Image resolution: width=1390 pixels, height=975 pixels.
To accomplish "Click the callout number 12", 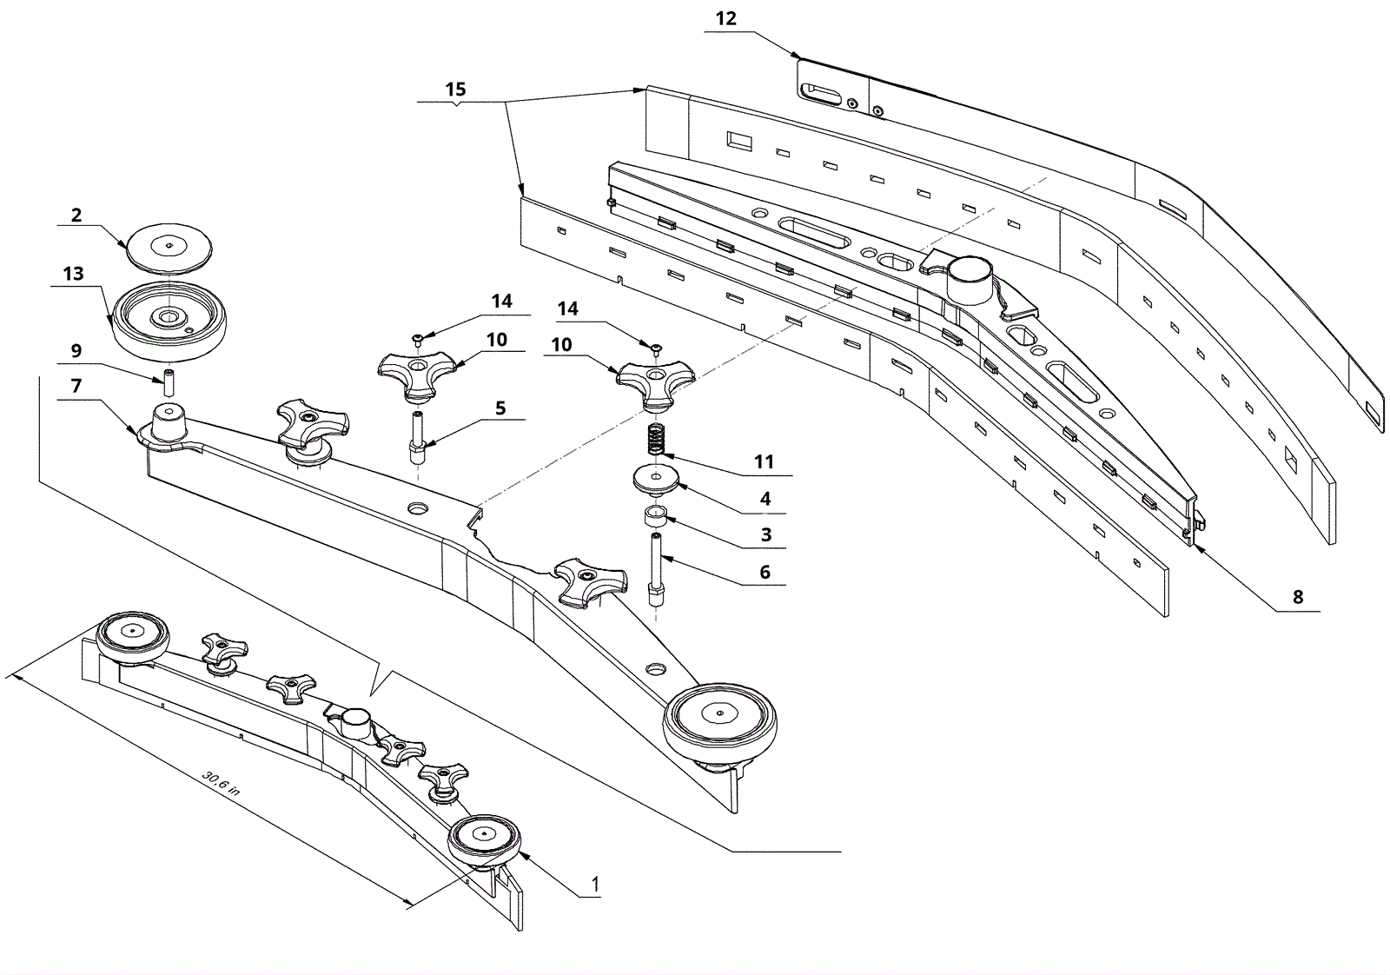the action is [x=725, y=19].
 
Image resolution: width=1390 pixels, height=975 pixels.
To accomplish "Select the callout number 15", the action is [x=455, y=90].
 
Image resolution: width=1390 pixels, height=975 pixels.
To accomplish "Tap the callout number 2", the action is [x=76, y=216].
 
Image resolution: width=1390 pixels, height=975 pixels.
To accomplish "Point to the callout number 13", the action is [x=73, y=274].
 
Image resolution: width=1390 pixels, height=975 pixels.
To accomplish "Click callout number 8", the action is [x=1298, y=597].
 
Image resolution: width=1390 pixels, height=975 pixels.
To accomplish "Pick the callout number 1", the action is [x=595, y=885].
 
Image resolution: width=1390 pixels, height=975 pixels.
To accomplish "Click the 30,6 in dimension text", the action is [x=221, y=784].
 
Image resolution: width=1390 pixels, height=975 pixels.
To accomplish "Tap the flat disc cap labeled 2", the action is [x=169, y=247].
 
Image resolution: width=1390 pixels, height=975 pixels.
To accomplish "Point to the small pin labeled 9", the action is [x=169, y=383].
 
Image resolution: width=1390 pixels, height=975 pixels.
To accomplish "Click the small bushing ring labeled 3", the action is [x=656, y=515].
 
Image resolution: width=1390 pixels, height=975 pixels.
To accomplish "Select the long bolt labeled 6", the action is [x=657, y=570].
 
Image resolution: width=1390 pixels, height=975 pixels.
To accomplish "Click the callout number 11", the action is [x=764, y=461].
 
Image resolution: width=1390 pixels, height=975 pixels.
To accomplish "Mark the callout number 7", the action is [x=76, y=386].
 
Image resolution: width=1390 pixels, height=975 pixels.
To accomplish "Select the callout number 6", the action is [x=765, y=572].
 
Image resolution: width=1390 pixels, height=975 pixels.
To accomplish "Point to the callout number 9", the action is [x=76, y=351].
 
